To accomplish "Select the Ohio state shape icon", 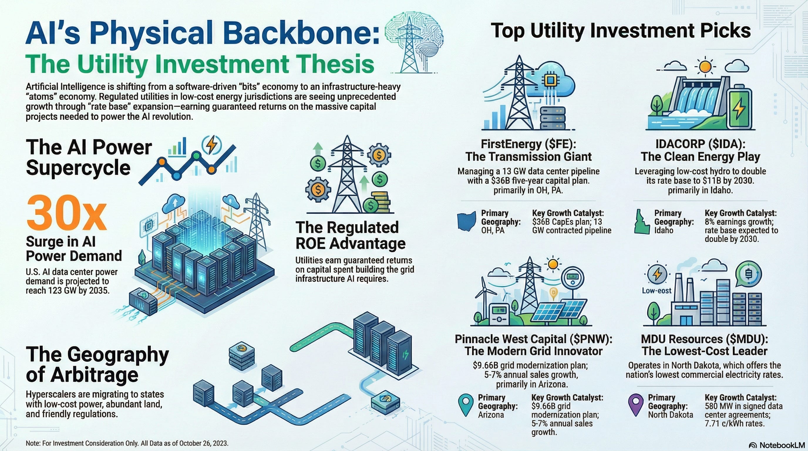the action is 467,222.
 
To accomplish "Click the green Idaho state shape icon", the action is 641,222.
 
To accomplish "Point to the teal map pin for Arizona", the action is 465,405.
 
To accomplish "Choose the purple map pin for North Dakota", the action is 636,405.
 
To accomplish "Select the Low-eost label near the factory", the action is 656,291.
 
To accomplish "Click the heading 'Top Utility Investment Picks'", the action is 621,31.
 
